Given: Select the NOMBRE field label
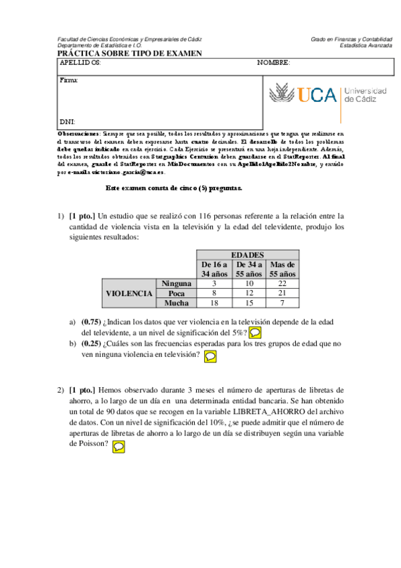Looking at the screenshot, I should click(273, 62).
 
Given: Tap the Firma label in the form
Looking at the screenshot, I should click(69, 80).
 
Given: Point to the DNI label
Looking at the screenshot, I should click(68, 123).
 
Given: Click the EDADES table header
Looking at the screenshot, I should click(247, 255).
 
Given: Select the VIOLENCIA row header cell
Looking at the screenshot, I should click(129, 293).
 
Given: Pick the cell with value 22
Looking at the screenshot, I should click(282, 283).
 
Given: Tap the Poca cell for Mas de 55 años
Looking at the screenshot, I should click(282, 293).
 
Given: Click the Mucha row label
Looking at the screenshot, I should click(177, 303).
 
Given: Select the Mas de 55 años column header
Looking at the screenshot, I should click(282, 269).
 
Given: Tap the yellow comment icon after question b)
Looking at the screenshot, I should click(210, 356).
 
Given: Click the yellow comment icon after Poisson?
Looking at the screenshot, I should click(118, 445).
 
